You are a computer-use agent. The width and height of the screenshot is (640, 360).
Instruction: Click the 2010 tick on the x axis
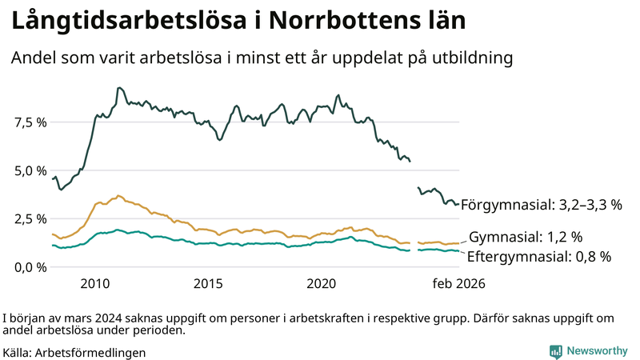[x=94, y=283]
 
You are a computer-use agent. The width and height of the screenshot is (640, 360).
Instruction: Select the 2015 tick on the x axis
[x=208, y=283]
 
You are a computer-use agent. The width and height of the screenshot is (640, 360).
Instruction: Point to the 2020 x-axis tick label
[x=322, y=283]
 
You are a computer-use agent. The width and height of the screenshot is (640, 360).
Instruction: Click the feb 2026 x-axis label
[x=458, y=283]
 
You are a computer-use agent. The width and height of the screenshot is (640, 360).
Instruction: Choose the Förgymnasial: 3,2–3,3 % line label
[x=541, y=205]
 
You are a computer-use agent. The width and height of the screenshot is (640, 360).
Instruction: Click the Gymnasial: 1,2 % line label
[x=525, y=237]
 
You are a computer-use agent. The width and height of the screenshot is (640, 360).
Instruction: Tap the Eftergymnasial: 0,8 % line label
[x=538, y=257]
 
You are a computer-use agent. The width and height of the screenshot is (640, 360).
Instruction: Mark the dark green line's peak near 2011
[x=118, y=88]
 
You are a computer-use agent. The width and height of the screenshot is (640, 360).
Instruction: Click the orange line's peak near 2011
[x=118, y=195]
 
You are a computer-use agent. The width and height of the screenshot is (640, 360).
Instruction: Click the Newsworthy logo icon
[x=555, y=351]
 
